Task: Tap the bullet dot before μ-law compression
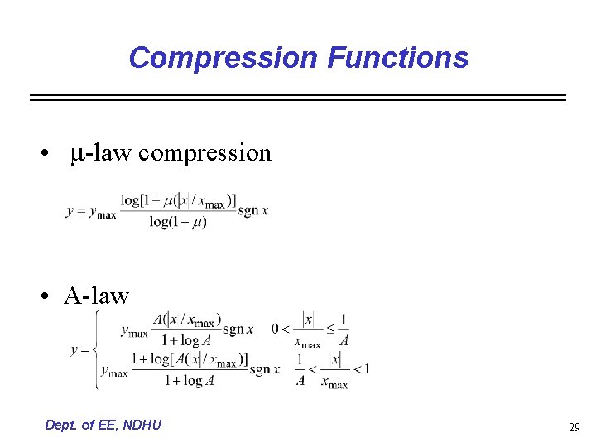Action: pos(51,154)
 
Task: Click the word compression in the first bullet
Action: pos(204,153)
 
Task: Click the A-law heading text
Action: pos(97,296)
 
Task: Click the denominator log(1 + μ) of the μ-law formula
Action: pos(178,222)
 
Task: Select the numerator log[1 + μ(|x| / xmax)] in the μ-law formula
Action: pos(178,201)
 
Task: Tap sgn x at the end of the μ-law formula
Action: pos(253,211)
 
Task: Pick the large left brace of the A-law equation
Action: pos(96,350)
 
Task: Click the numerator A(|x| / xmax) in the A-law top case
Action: pos(187,320)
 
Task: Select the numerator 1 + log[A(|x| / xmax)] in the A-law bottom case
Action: pos(189,359)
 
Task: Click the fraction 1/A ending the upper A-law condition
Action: pos(344,329)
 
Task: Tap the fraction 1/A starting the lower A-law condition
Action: pos(300,370)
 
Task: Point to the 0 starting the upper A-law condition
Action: pos(276,329)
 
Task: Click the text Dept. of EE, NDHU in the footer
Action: pos(103,425)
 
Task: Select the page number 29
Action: pos(574,427)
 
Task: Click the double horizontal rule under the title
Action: pos(298,97)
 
